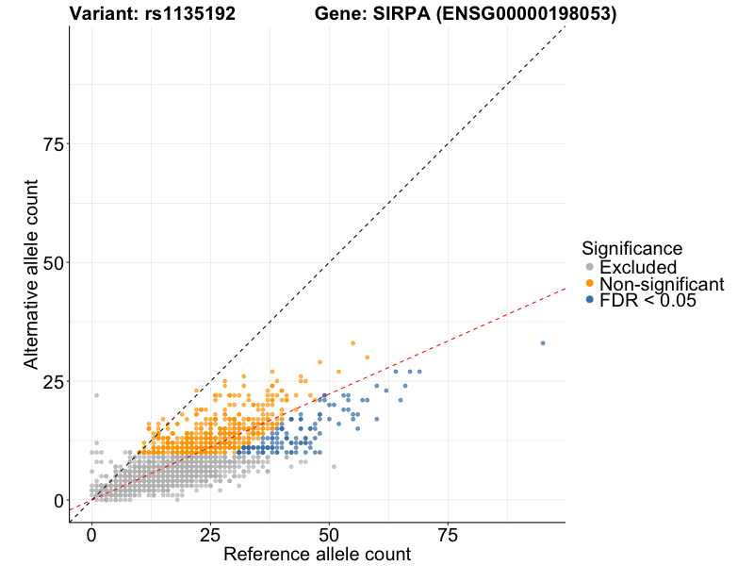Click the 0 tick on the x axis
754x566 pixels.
(x=91, y=535)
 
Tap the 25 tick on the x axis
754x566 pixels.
(x=210, y=535)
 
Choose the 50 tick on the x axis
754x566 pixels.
(x=329, y=535)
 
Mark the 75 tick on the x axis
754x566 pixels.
(x=448, y=535)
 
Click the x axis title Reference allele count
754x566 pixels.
(x=317, y=555)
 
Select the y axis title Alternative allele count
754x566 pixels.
(x=31, y=274)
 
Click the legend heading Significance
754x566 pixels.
(x=631, y=249)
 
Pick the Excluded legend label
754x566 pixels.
(x=638, y=267)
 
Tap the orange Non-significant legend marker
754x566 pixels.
(x=590, y=284)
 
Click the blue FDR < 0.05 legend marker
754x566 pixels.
(x=590, y=300)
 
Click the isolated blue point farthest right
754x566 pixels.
(x=543, y=343)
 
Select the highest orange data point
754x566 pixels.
(x=353, y=343)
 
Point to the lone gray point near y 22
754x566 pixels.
(x=96, y=396)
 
